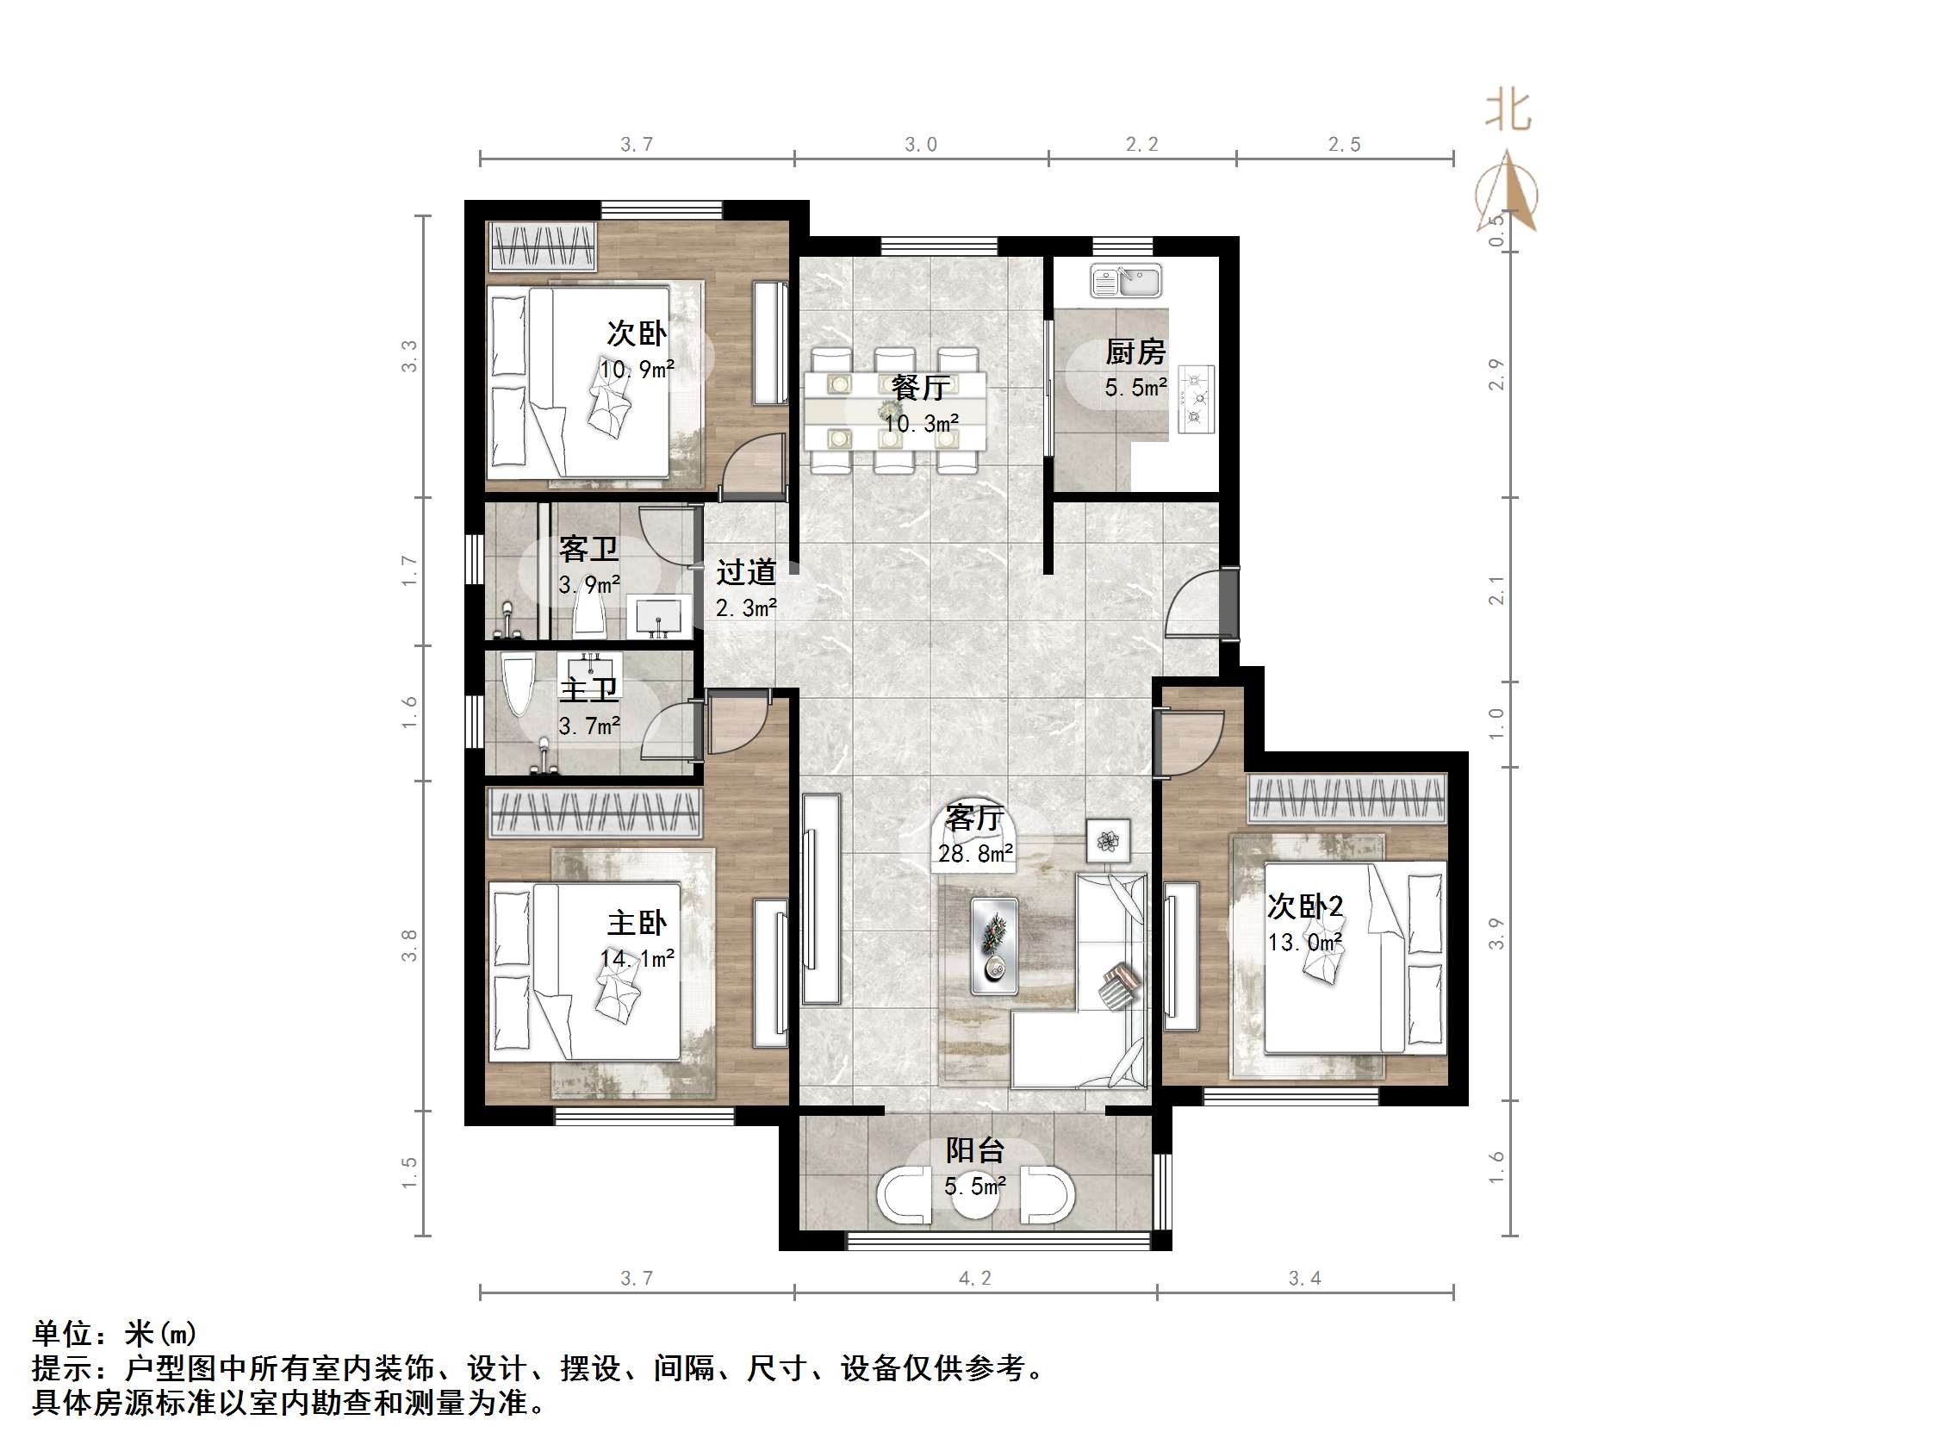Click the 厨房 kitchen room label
tap(1135, 352)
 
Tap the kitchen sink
tap(1125, 282)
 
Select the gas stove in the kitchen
tap(1195, 399)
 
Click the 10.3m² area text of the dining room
tap(921, 424)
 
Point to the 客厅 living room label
tap(974, 818)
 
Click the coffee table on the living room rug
tap(994, 946)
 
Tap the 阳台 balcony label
tap(974, 1150)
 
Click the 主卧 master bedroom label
tap(637, 923)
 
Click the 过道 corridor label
tap(746, 572)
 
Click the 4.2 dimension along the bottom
tap(975, 1279)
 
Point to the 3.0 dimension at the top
tap(921, 144)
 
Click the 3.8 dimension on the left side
tap(409, 945)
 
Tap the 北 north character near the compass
tap(1508, 112)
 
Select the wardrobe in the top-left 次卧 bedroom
tap(542, 246)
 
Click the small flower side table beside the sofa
tap(1108, 841)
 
